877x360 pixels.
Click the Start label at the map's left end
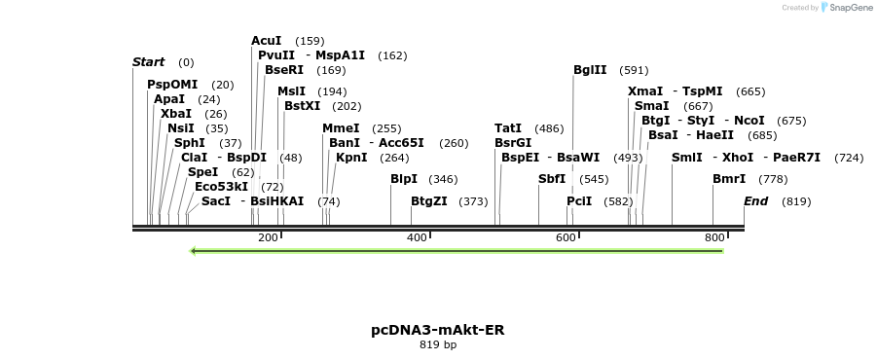(148, 62)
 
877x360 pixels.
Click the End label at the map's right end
(756, 201)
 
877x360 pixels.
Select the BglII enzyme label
(590, 70)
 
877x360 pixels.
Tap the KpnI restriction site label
(351, 157)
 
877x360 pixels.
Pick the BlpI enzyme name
(403, 179)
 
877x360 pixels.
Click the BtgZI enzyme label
(428, 201)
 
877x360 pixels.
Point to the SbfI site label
(552, 179)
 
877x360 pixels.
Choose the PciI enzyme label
(579, 201)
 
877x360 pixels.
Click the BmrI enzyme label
(729, 179)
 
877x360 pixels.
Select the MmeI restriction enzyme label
(341, 128)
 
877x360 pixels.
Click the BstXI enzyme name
(302, 106)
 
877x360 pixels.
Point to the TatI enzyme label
(508, 128)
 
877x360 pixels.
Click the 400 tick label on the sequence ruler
(418, 238)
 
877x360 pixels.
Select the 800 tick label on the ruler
(714, 238)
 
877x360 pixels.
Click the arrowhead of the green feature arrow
(195, 251)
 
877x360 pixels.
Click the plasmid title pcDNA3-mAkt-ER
(438, 330)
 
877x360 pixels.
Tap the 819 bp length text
(438, 344)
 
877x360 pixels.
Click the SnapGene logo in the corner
(844, 8)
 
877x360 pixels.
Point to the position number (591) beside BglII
(634, 70)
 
